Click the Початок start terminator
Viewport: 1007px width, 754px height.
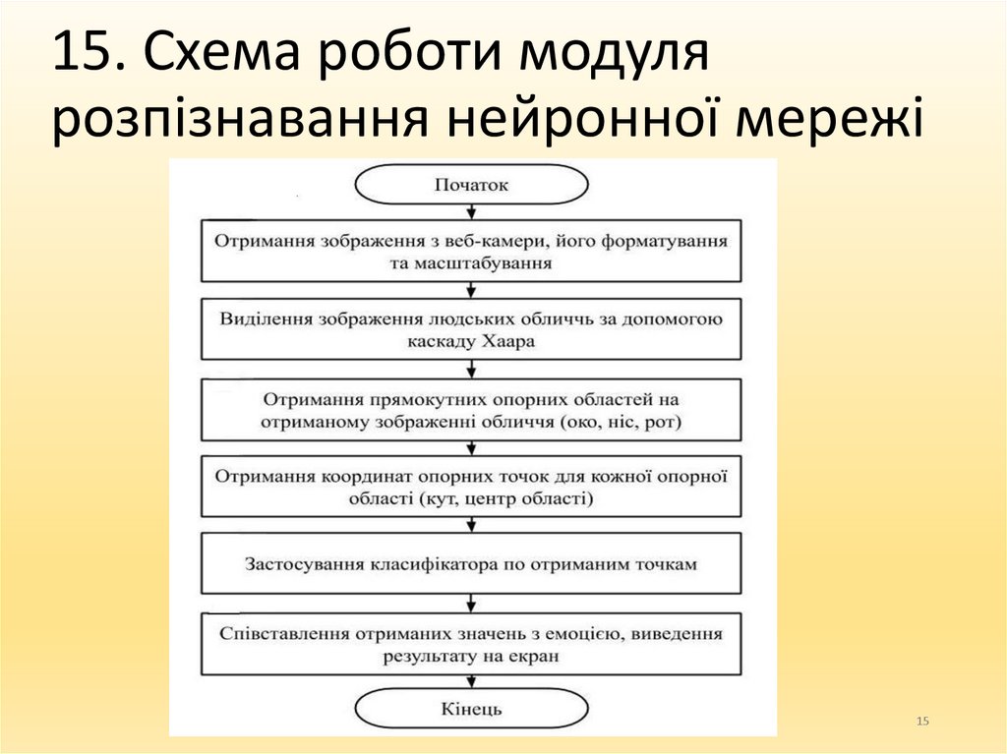point(472,185)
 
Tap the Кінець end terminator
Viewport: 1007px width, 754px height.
point(472,708)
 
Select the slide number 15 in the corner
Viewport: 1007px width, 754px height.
point(922,723)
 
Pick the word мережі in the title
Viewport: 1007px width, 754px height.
point(833,121)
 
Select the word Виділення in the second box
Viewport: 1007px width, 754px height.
point(260,319)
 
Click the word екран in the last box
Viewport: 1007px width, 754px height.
point(538,656)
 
